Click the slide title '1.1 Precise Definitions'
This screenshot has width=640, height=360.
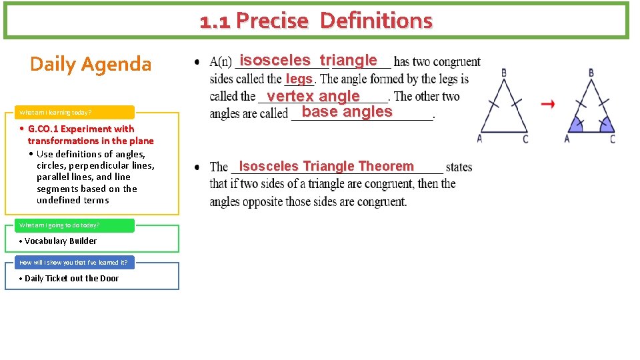click(x=316, y=21)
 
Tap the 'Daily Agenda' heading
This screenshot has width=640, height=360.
click(x=91, y=64)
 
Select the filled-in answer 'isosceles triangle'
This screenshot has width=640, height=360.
click(x=308, y=60)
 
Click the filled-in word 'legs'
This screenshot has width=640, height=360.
click(x=299, y=79)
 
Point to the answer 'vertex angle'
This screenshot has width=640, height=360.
click(x=313, y=96)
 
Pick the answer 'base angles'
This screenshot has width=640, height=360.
click(x=347, y=111)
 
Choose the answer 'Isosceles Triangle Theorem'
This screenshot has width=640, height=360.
click(x=326, y=166)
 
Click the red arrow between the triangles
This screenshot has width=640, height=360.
click(x=548, y=105)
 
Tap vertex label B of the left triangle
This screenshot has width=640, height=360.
click(x=503, y=72)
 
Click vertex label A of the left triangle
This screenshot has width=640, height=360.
click(x=480, y=139)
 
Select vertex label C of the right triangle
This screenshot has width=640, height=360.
click(x=612, y=139)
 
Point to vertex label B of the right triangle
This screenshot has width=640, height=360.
click(x=591, y=72)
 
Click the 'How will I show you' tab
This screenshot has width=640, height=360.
click(x=73, y=262)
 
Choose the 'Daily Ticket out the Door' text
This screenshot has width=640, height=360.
click(x=71, y=279)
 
